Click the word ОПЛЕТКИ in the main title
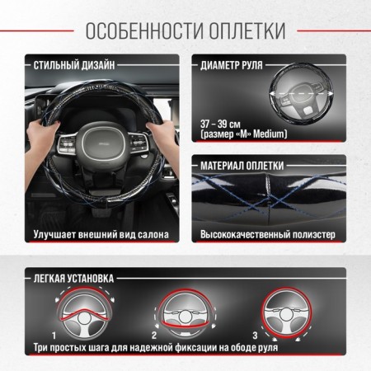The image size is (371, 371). pos(247,31)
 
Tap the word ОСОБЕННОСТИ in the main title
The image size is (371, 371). pos(144,31)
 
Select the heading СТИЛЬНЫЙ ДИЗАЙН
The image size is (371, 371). pos(74,65)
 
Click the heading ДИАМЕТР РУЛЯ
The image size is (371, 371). pos(232,65)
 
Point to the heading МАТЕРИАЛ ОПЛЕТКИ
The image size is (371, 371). pos(242,166)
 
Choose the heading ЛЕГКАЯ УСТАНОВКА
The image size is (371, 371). pos(73,279)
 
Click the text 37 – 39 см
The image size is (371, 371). pos(220,124)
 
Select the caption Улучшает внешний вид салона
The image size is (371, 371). pos(101,235)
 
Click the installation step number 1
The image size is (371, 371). pos(54,336)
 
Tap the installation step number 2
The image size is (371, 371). pos(154,336)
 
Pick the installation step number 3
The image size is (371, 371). pos(256,336)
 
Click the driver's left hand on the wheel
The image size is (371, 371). pos(42,138)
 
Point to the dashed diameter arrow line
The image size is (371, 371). pos(301,94)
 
